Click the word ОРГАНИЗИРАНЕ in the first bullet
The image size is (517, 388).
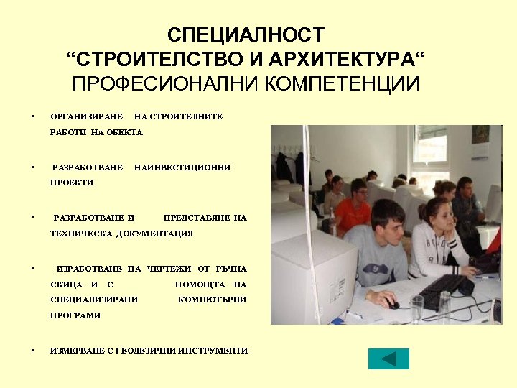87,116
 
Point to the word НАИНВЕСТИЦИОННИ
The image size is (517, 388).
182,167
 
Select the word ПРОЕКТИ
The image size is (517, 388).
72,183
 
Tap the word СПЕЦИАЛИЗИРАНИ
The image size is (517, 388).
94,300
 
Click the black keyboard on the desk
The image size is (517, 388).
442,288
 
